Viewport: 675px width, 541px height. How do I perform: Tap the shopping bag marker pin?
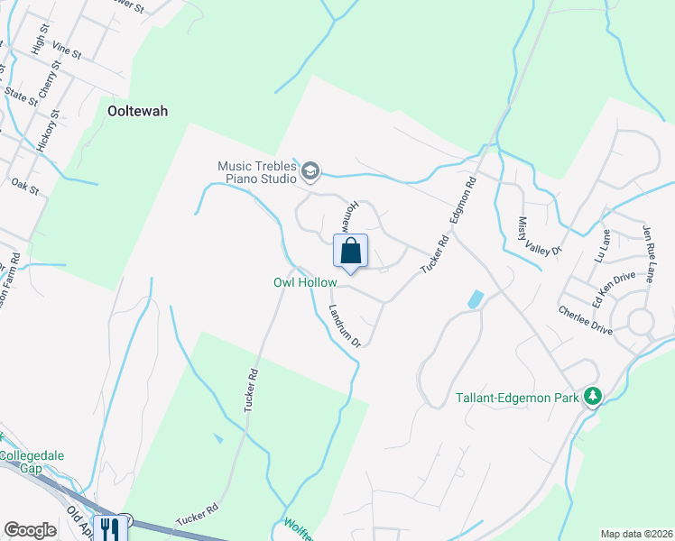[x=351, y=251]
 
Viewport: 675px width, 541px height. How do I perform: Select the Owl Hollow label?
[x=304, y=283]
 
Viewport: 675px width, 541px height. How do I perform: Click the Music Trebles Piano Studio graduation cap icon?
[x=310, y=170]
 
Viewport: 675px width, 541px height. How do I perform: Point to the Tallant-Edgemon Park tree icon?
[x=592, y=396]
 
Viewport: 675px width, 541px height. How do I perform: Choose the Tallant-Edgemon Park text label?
[x=517, y=397]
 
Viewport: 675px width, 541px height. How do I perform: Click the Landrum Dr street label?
[x=343, y=324]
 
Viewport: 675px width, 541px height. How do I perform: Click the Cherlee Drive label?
[x=586, y=320]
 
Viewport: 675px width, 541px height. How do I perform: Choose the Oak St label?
[x=21, y=183]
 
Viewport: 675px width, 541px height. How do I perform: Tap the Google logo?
[x=30, y=530]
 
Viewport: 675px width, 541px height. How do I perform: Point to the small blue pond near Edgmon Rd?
[x=475, y=298]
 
